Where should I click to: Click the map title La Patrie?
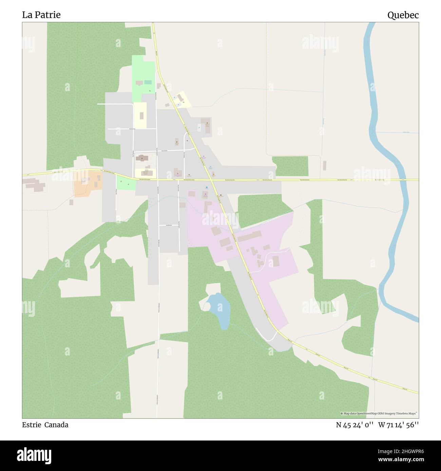[x=41, y=15]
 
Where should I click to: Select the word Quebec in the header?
[x=403, y=15]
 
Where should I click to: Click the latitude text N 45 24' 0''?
[x=355, y=425]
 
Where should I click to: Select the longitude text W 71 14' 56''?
[x=398, y=425]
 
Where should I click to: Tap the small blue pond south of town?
[x=219, y=310]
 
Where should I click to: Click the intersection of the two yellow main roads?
[x=212, y=180]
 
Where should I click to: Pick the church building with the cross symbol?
[x=141, y=158]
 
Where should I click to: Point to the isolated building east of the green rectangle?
[x=324, y=166]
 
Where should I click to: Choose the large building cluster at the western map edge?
[x=34, y=184]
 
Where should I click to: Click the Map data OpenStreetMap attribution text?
[x=379, y=413]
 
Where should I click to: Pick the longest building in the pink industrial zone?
[x=250, y=236]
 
